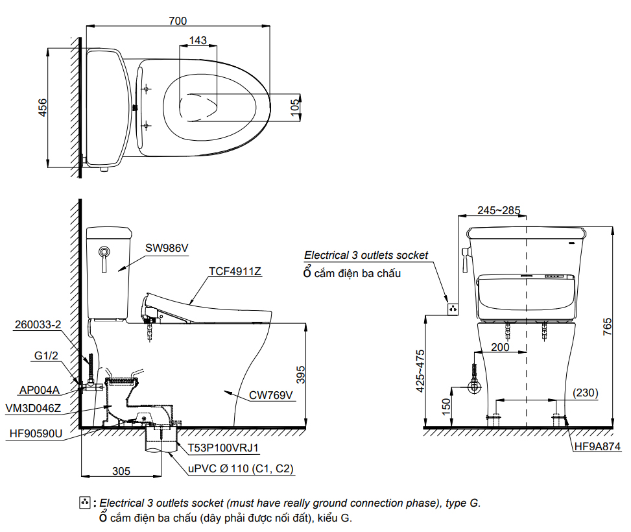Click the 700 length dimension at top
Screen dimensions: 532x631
click(178, 21)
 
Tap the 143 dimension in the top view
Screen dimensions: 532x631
click(198, 41)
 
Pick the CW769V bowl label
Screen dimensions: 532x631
click(271, 395)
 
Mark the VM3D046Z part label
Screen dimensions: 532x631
click(32, 408)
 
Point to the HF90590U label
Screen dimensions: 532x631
click(36, 434)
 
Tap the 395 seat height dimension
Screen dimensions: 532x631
click(300, 375)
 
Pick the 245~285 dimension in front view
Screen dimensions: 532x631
click(499, 210)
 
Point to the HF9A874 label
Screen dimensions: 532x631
click(597, 446)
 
